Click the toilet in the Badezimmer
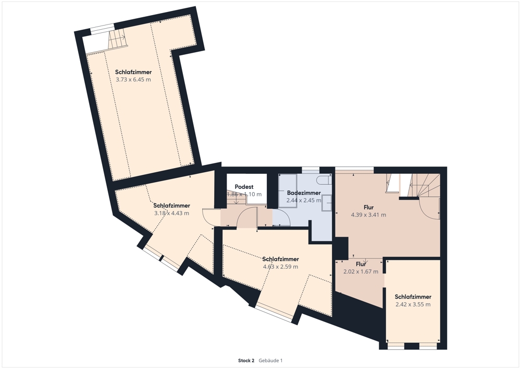point(324,181)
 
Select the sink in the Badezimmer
point(326,203)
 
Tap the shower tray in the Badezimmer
point(288,191)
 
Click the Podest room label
point(244,187)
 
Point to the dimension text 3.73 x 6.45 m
point(133,79)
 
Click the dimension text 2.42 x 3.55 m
point(413,304)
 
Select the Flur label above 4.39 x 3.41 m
point(368,207)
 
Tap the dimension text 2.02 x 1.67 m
point(361,271)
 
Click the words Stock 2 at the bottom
point(246,360)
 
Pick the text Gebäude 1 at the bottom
point(270,360)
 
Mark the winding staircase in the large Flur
point(425,185)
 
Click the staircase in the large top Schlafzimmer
point(117,39)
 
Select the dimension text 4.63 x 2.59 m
point(280,267)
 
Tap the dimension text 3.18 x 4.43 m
point(171,213)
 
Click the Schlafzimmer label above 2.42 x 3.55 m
point(413,297)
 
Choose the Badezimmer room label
point(304,193)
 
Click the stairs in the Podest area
point(237,200)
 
